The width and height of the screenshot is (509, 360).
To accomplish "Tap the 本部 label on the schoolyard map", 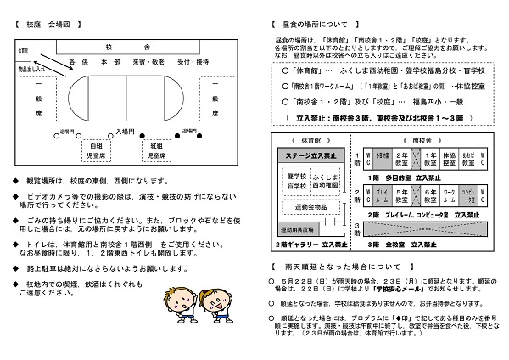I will (109, 62).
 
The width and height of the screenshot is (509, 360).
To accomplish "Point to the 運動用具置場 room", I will (297, 230).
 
